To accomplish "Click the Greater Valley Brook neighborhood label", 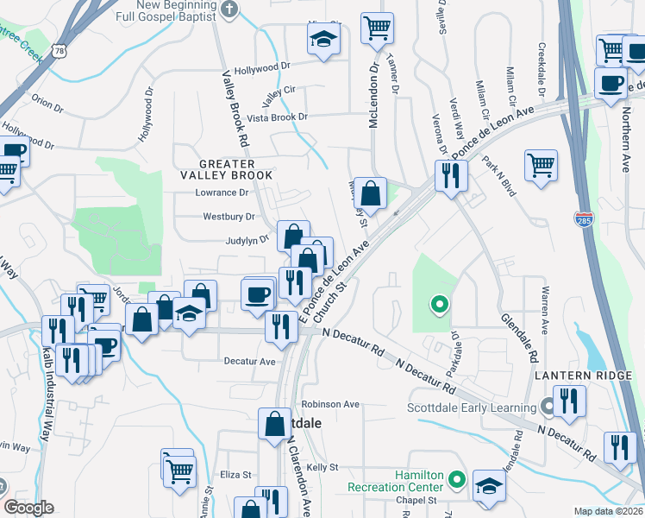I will click(x=235, y=169).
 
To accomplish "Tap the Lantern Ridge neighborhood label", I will click(x=582, y=376).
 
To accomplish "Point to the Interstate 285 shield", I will click(x=585, y=218).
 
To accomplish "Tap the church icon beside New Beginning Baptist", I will click(x=229, y=9).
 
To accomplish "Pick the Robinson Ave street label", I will click(x=330, y=404).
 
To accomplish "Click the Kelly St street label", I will click(x=321, y=467).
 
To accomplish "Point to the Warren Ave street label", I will click(x=544, y=312).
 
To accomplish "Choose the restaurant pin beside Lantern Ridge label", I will click(x=569, y=401).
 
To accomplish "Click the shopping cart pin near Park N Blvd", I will click(x=541, y=164).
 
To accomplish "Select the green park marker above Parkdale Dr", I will click(x=439, y=303).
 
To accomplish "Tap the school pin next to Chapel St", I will click(x=489, y=486).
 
